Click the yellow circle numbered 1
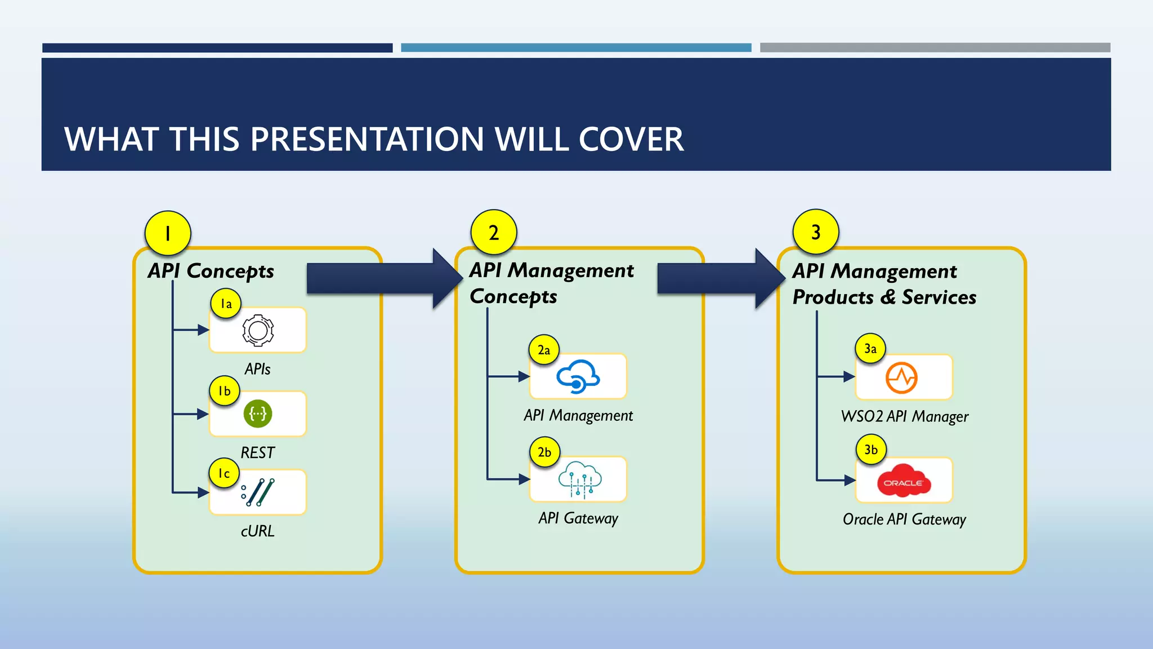[x=168, y=233]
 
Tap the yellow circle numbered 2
[x=494, y=233]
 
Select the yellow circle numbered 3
[x=816, y=232]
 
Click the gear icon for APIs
[x=258, y=330]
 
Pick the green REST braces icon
[x=258, y=414]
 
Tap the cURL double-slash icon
[x=258, y=492]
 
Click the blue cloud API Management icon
[x=578, y=376]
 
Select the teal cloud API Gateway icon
[x=579, y=480]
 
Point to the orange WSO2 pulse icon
[x=901, y=377]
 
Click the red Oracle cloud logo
[x=903, y=481]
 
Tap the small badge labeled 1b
[x=225, y=391]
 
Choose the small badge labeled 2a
[x=544, y=350]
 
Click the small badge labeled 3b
[x=871, y=450]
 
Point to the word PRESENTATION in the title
[x=367, y=139]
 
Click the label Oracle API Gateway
[x=904, y=519]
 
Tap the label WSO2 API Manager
[x=904, y=416]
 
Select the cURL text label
[x=258, y=531]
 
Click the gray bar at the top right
[x=935, y=48]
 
